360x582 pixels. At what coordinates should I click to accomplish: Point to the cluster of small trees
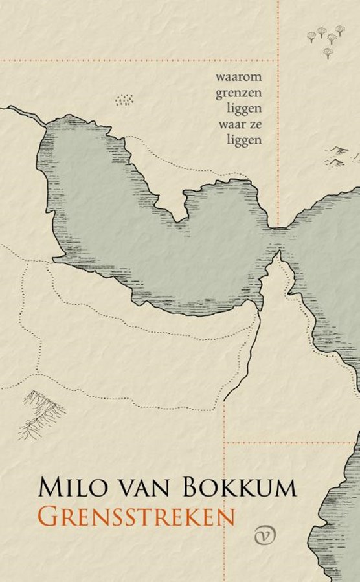(326, 38)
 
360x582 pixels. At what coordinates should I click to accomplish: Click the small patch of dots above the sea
(124, 100)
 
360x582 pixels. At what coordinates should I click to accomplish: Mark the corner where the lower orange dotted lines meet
(225, 443)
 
